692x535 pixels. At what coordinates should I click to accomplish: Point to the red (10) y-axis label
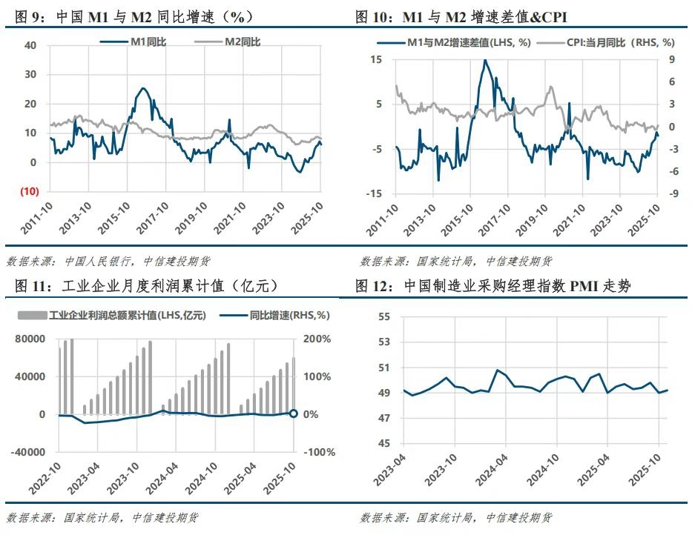(x=27, y=191)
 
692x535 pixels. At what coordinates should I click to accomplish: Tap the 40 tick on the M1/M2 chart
(x=30, y=45)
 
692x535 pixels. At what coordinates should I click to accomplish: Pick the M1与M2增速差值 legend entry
(x=468, y=42)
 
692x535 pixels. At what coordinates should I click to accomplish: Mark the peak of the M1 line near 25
(x=142, y=88)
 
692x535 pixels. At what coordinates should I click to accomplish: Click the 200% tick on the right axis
(x=317, y=339)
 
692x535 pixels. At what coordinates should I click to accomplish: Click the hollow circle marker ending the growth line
(x=293, y=413)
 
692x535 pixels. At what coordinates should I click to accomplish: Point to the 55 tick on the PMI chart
(x=384, y=317)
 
